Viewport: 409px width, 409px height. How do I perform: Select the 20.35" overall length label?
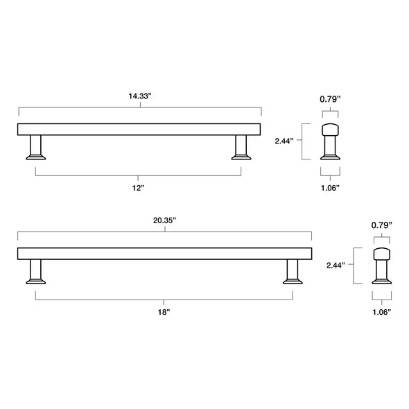165,220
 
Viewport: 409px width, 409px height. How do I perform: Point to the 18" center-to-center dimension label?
164,313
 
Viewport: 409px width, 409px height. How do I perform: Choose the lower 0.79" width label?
382,225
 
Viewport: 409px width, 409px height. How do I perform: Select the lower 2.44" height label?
336,265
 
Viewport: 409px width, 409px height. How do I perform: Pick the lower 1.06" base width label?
382,312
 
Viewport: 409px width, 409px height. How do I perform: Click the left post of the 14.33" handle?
36,147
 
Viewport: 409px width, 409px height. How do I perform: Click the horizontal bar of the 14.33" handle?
139,128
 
